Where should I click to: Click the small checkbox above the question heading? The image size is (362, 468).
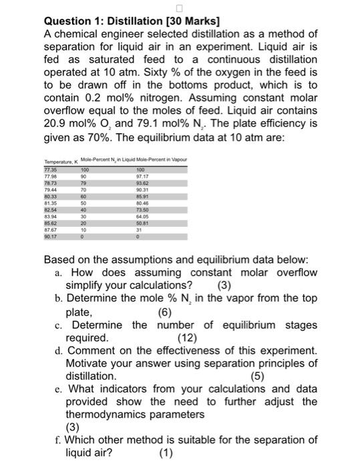click(x=179, y=8)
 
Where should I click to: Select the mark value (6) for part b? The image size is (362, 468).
click(x=165, y=312)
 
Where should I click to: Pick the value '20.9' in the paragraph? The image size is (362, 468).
click(x=58, y=122)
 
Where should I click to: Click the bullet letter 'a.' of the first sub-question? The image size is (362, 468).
click(x=60, y=273)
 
